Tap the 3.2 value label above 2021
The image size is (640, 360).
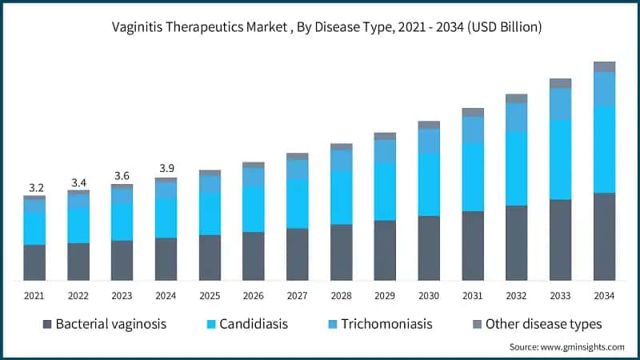pyautogui.click(x=35, y=188)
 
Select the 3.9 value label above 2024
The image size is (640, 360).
pyautogui.click(x=166, y=170)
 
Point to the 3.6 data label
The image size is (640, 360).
pyautogui.click(x=122, y=176)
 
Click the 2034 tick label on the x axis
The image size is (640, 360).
pyautogui.click(x=604, y=296)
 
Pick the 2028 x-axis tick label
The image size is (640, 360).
pyautogui.click(x=342, y=296)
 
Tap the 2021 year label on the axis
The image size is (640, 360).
pyautogui.click(x=34, y=296)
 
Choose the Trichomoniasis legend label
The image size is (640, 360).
pyautogui.click(x=386, y=324)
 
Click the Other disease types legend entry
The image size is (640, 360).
pyautogui.click(x=544, y=324)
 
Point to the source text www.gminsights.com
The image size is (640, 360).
pyautogui.click(x=566, y=347)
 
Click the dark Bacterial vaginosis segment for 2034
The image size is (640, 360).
pyautogui.click(x=604, y=236)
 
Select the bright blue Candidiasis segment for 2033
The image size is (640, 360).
pyautogui.click(x=560, y=159)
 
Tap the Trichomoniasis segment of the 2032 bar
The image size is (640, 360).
pyautogui.click(x=517, y=118)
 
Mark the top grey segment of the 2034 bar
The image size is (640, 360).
pyautogui.click(x=604, y=66)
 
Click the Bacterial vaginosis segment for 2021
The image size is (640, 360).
pyautogui.click(x=34, y=262)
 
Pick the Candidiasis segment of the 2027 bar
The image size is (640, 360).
pyautogui.click(x=298, y=204)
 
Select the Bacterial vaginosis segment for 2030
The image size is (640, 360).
pyautogui.click(x=429, y=248)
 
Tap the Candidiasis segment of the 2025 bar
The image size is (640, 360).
pyautogui.click(x=210, y=214)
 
